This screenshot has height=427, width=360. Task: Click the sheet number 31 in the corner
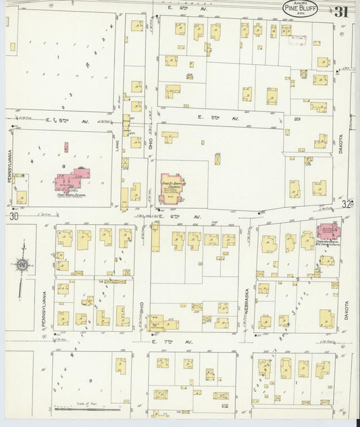tap(340, 11)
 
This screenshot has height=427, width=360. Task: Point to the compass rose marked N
tap(22, 266)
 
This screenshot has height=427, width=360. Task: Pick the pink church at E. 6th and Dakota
tap(328, 231)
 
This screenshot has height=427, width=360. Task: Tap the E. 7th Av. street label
tap(172, 343)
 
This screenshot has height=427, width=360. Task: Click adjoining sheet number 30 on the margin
tap(14, 216)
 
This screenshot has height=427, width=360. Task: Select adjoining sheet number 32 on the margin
tap(347, 203)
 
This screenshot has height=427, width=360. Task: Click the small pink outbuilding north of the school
tap(66, 146)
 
